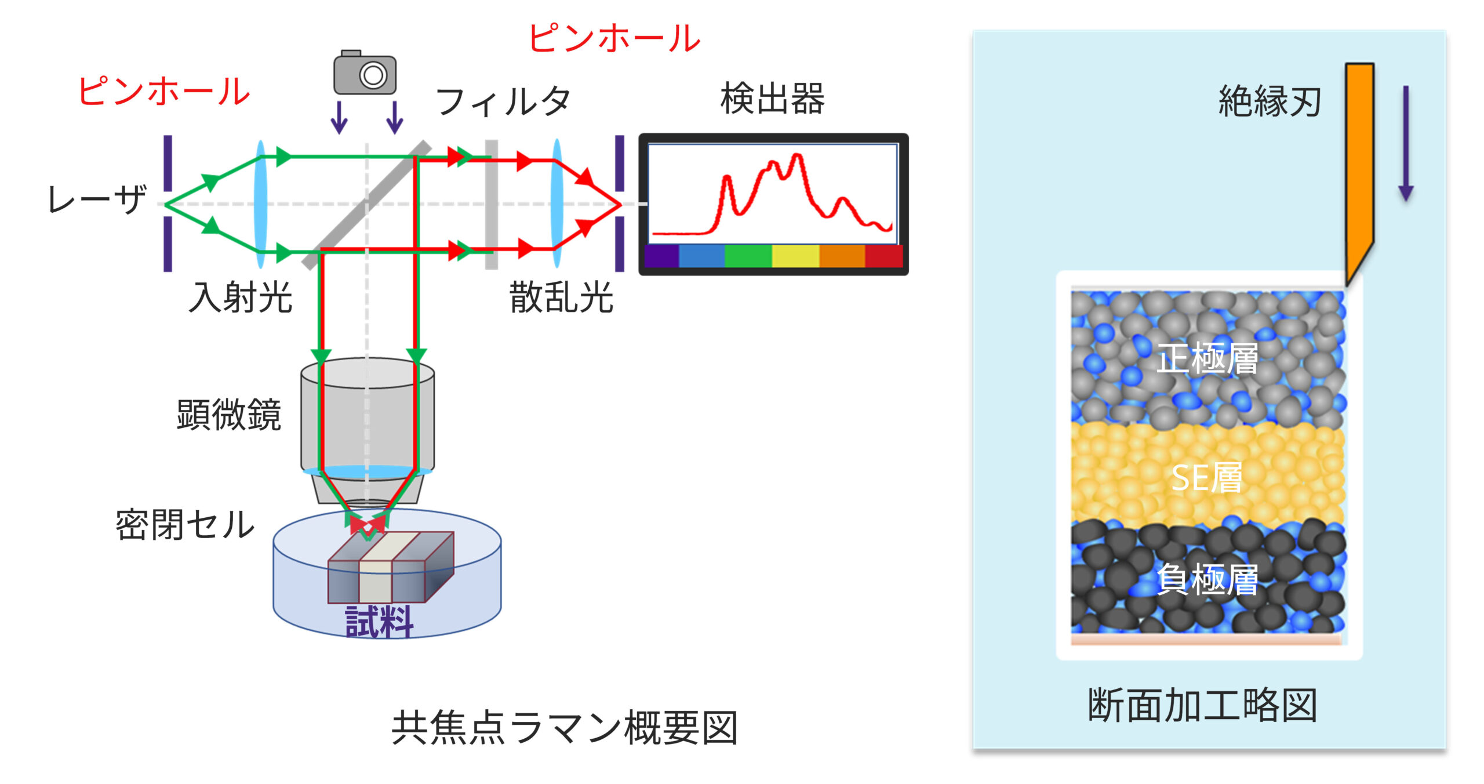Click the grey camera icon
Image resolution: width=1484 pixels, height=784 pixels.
(365, 73)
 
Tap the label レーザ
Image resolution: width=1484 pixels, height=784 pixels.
(97, 200)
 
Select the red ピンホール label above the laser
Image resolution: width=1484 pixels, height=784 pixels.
(164, 92)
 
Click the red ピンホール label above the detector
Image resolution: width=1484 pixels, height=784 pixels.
(614, 39)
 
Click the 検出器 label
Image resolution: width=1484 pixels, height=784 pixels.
(772, 99)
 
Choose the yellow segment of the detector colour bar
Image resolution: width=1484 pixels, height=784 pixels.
(795, 256)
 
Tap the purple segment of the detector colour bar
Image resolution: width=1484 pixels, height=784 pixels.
(661, 256)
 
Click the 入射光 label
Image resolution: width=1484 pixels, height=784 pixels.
(241, 298)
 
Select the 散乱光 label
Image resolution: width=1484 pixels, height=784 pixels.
(561, 298)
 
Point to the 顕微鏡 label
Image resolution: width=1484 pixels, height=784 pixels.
(229, 415)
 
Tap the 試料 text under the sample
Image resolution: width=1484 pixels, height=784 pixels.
(379, 622)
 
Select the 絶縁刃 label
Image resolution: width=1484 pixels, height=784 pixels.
(1270, 102)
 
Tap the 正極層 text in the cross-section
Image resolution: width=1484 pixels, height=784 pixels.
(1207, 358)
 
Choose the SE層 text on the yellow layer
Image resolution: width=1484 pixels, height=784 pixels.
(1207, 478)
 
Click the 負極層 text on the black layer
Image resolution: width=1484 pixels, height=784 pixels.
(1207, 580)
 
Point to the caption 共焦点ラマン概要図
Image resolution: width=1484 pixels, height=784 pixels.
(565, 728)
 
